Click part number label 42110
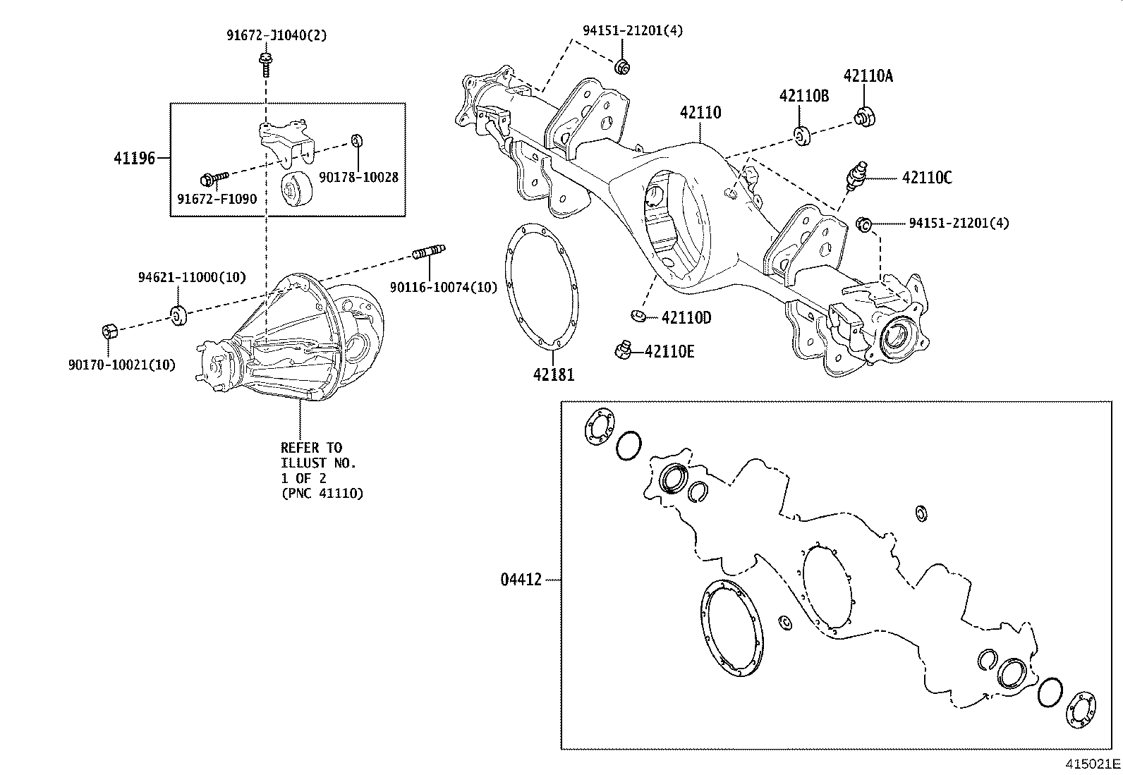[x=700, y=113]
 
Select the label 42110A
[x=868, y=76]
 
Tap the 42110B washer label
[x=803, y=96]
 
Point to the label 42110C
[x=926, y=178]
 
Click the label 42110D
[x=686, y=318]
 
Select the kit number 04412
[x=521, y=580]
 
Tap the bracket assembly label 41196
[x=134, y=158]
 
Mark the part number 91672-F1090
[x=217, y=200]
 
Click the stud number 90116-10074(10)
[x=443, y=287]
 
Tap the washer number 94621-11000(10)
[x=191, y=277]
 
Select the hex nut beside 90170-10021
[x=109, y=331]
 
